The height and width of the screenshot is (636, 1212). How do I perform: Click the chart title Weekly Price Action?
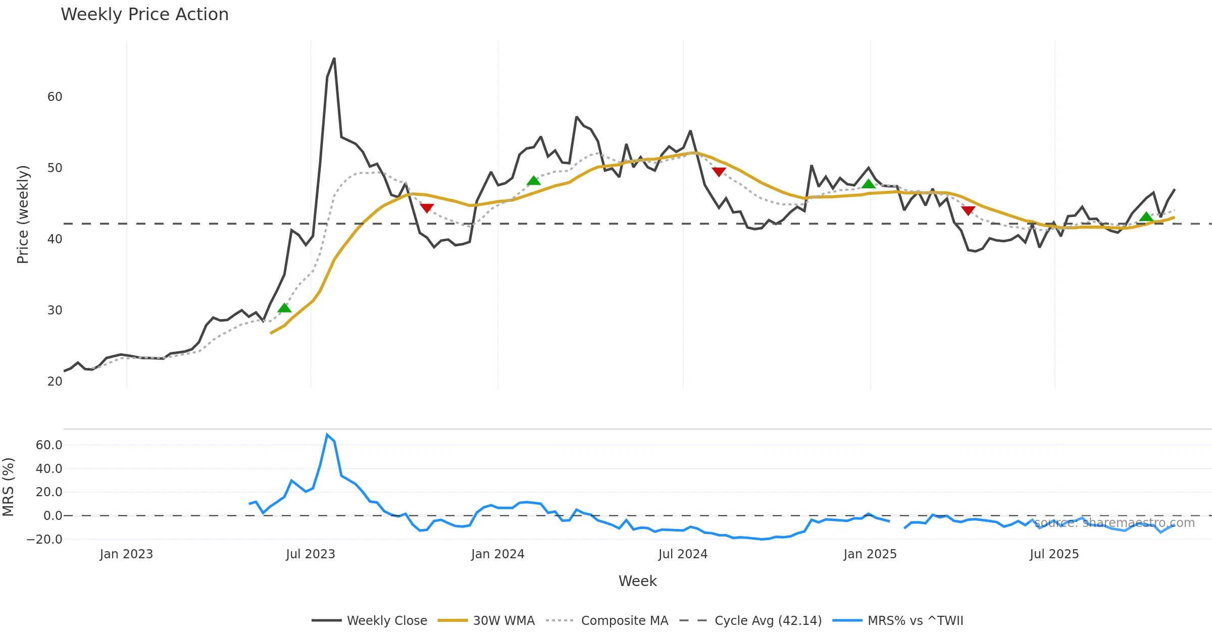[x=144, y=15]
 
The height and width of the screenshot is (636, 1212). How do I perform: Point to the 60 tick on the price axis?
[x=55, y=97]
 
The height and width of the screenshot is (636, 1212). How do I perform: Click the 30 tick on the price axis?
[x=55, y=310]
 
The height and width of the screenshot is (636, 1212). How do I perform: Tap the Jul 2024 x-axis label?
[x=683, y=554]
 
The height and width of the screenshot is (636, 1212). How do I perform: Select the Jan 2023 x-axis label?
[x=126, y=554]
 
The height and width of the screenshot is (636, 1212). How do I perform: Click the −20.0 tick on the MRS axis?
[x=44, y=540]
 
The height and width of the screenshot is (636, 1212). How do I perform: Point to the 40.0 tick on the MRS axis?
[x=49, y=469]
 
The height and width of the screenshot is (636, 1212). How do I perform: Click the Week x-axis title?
[x=637, y=581]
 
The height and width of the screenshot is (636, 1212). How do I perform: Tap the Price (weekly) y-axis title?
[x=23, y=215]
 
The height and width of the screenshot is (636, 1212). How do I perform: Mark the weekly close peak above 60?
[x=334, y=59]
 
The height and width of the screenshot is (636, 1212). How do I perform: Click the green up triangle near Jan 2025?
[x=868, y=184]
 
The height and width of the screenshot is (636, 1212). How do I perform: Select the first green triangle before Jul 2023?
[x=284, y=308]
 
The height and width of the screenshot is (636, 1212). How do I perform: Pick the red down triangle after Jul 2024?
[x=719, y=172]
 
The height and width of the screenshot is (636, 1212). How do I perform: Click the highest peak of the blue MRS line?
[x=327, y=435]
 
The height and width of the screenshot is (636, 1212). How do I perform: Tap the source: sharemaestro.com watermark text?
[x=1115, y=523]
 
